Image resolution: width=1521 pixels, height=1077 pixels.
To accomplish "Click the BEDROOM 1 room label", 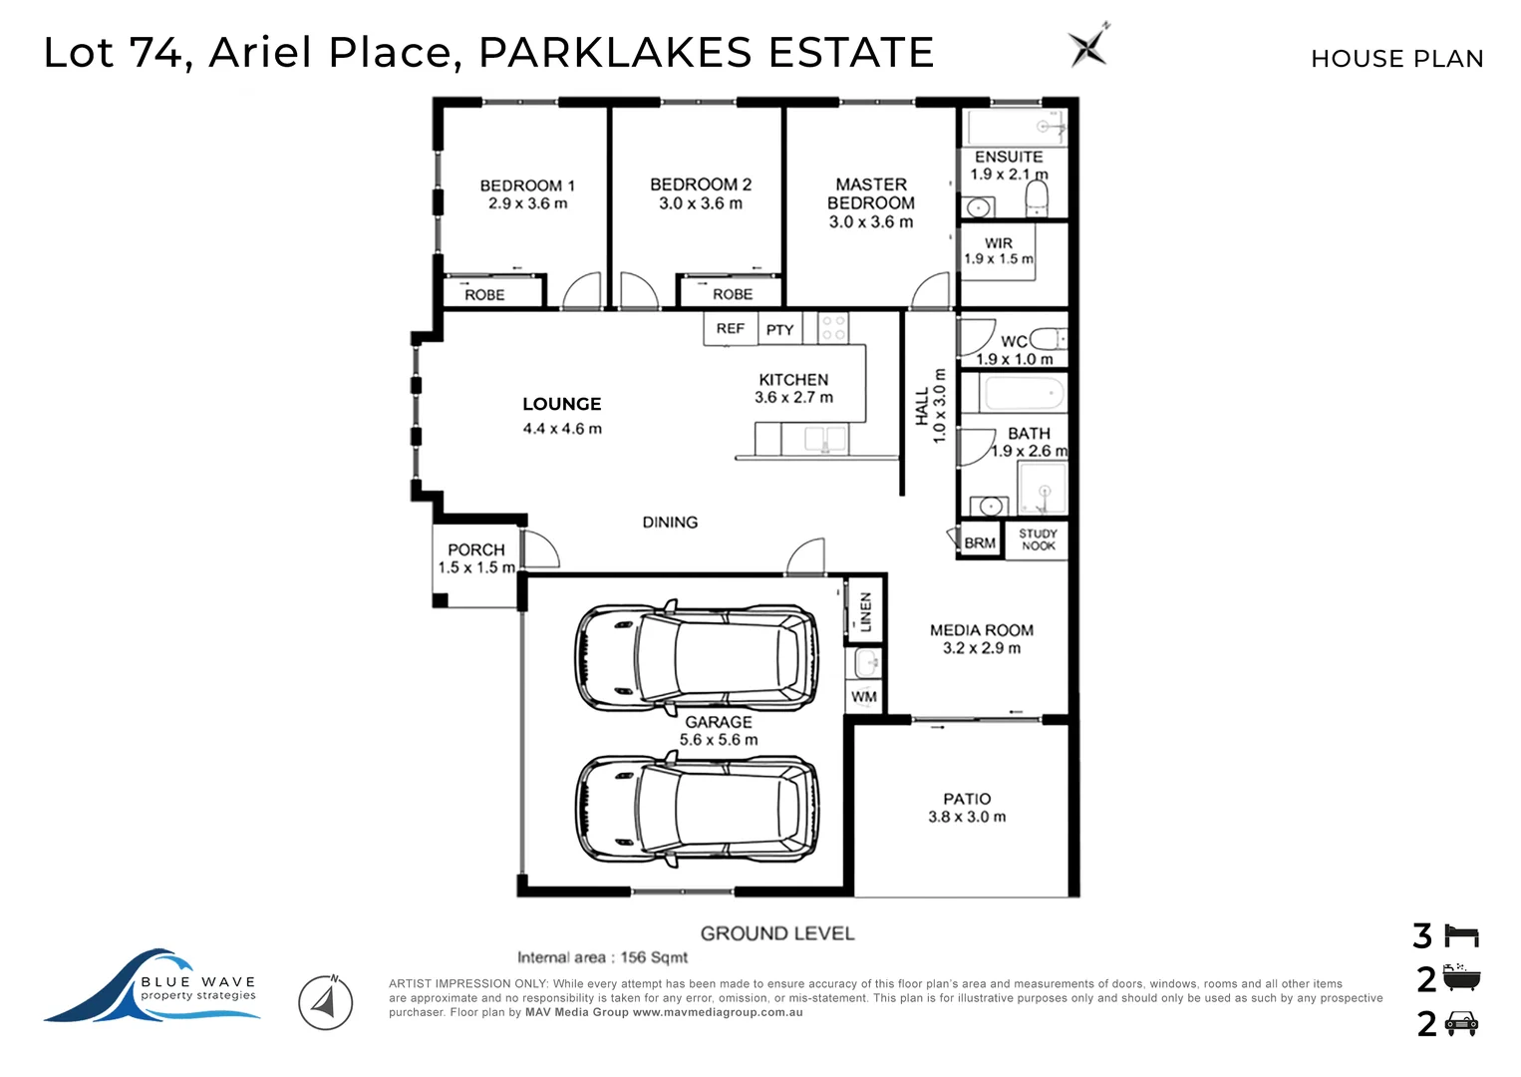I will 527,186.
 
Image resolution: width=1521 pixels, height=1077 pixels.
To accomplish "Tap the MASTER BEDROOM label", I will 871,193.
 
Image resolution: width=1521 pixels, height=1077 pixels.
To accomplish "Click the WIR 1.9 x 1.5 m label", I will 998,251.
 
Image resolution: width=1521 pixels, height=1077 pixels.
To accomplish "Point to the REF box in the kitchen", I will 730,329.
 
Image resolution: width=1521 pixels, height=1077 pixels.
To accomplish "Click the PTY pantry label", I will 780,330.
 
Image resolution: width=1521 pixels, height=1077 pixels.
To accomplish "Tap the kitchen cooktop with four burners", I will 833,328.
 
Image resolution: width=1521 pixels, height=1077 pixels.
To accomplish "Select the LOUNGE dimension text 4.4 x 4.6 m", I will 562,429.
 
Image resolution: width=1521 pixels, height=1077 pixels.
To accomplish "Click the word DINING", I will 670,523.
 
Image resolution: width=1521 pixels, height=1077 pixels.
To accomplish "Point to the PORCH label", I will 476,550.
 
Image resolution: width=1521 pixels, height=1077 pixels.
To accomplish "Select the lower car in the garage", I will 697,808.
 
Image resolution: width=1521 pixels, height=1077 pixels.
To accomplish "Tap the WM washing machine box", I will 864,697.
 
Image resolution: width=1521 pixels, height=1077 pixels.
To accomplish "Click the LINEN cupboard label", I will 865,611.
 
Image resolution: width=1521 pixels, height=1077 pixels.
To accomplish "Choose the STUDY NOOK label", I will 1038,539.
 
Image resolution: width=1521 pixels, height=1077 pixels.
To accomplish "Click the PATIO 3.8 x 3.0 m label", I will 967,808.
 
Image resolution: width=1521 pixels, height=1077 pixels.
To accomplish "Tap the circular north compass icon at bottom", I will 326,1002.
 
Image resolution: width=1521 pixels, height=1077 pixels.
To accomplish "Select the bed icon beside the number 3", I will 1462,936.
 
